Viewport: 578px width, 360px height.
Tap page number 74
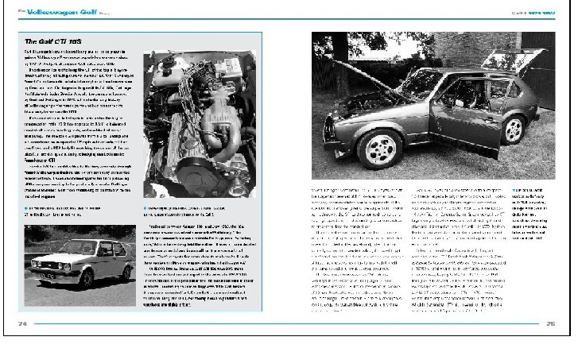coord(23,323)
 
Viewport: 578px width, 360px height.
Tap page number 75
coord(550,323)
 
